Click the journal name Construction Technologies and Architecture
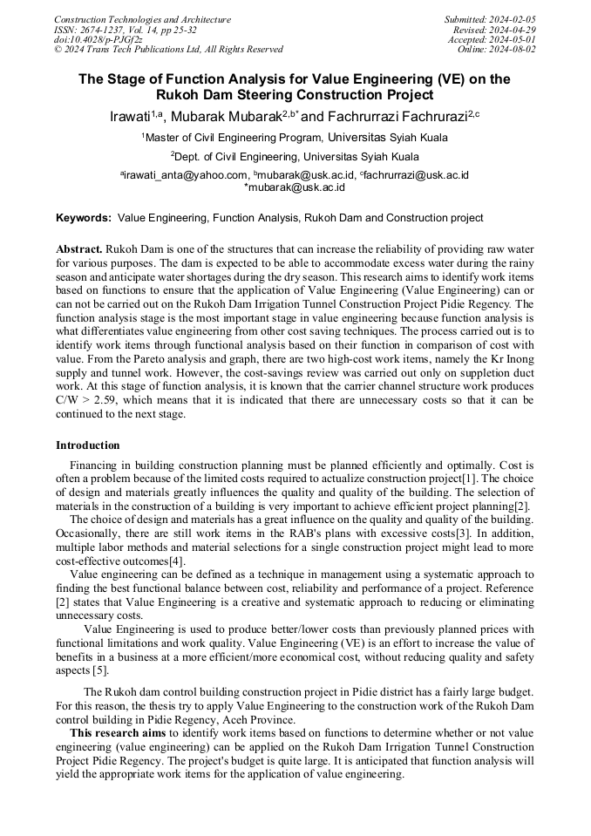point(142,19)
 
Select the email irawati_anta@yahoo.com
point(185,175)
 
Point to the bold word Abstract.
point(79,248)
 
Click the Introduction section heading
point(88,445)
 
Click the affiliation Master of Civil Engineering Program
point(234,138)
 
